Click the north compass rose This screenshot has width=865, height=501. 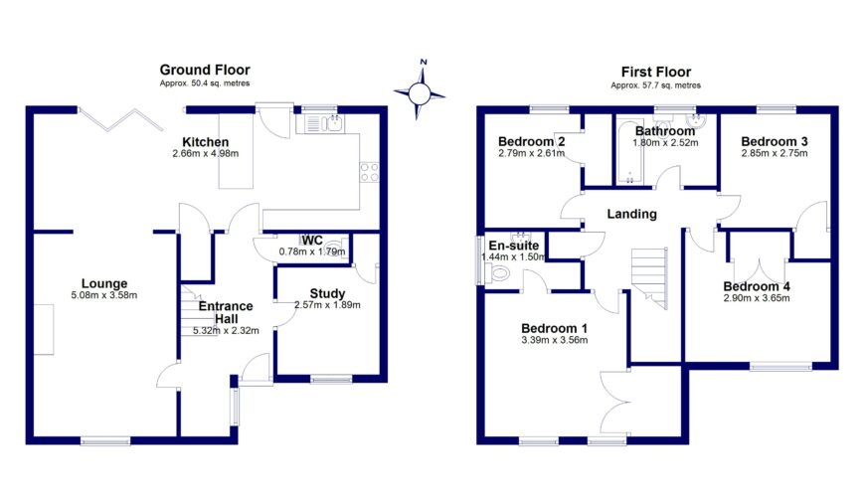click(x=424, y=91)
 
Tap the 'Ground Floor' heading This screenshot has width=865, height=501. click(x=205, y=70)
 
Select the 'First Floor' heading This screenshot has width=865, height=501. click(x=656, y=72)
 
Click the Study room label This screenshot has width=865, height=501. click(x=326, y=293)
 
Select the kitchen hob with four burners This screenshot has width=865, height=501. click(x=370, y=173)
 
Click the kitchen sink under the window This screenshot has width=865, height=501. click(x=325, y=124)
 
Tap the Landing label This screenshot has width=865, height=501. click(x=631, y=214)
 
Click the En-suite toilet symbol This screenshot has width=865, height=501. click(x=500, y=272)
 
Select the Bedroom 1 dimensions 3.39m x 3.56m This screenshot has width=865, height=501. click(x=554, y=340)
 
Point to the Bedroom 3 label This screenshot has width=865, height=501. click(x=775, y=141)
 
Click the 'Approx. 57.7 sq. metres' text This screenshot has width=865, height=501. click(x=656, y=85)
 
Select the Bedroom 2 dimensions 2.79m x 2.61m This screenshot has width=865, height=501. click(x=532, y=153)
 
